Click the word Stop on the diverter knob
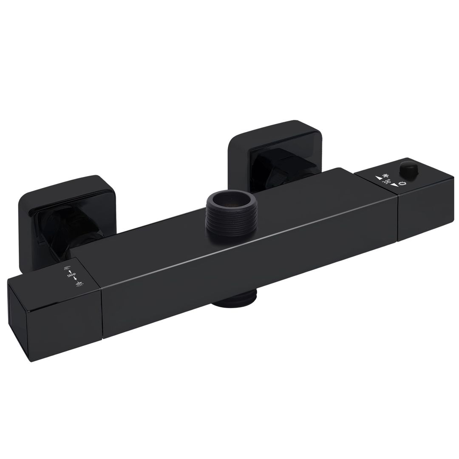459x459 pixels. [71, 275]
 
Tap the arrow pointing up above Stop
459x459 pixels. [70, 272]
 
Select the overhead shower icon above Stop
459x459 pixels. [67, 267]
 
